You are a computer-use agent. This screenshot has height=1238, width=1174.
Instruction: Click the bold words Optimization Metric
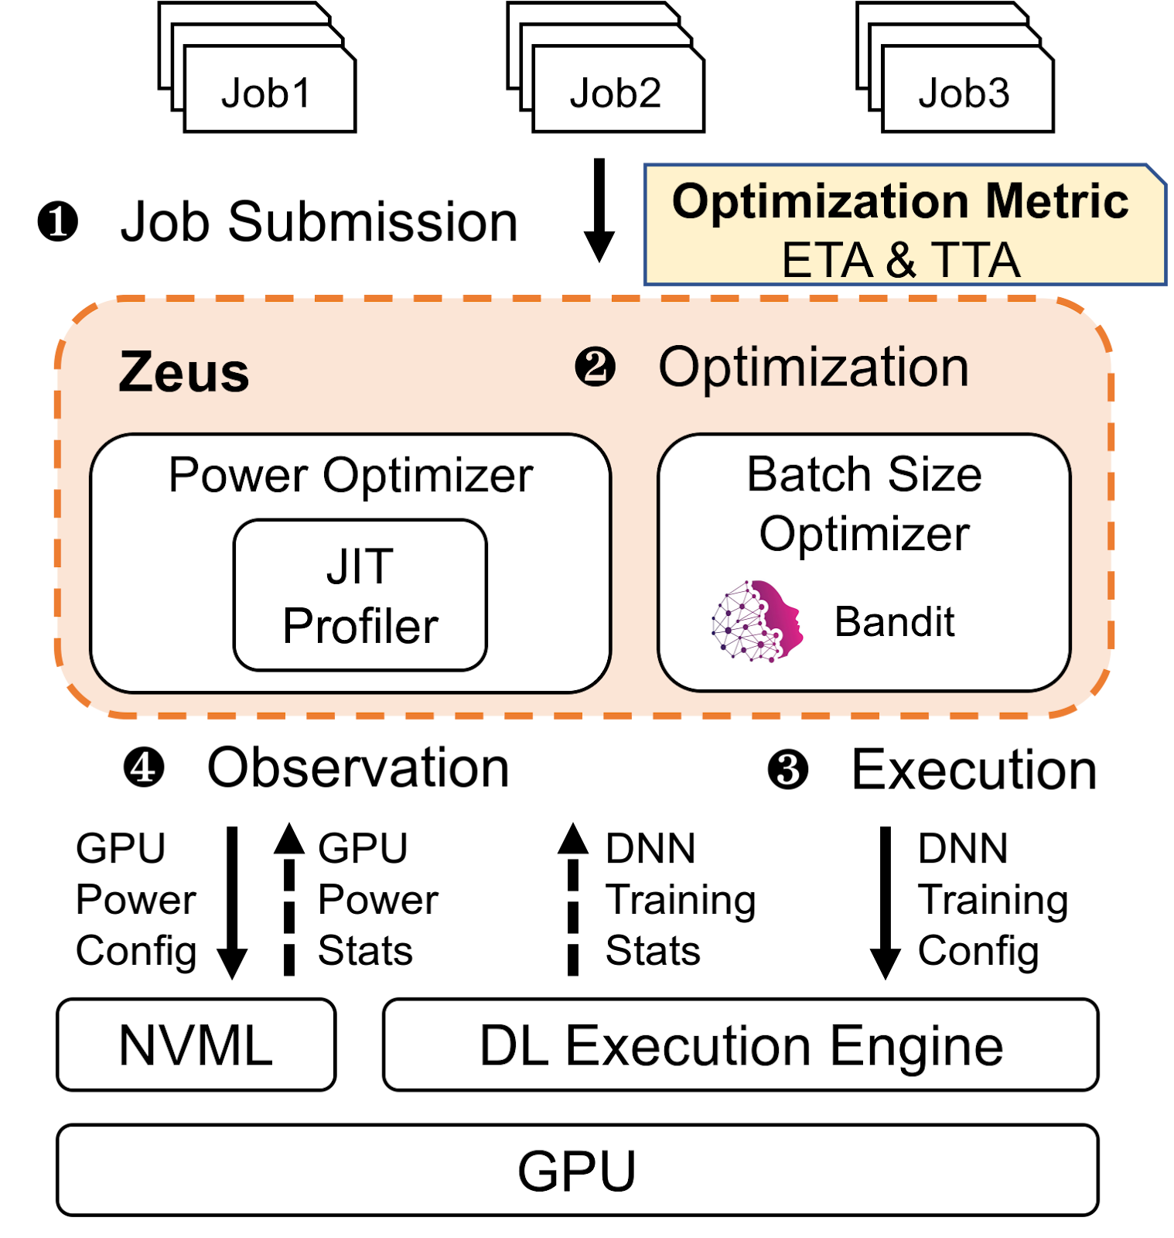click(x=900, y=201)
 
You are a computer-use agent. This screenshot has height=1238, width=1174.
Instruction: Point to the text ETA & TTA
click(x=900, y=260)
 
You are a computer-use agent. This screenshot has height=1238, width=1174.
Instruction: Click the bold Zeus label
click(x=184, y=373)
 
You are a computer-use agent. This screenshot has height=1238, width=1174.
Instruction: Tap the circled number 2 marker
click(x=595, y=368)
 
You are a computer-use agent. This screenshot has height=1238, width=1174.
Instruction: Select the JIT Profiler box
click(x=360, y=595)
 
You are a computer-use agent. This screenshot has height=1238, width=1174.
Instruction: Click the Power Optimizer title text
click(x=350, y=474)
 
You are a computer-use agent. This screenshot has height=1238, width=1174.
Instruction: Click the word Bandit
click(x=894, y=621)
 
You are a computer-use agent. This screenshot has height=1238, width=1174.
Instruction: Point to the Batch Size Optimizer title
click(x=864, y=504)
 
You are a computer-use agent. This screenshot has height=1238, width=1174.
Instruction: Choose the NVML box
click(x=196, y=1045)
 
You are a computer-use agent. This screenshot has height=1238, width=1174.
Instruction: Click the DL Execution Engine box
click(x=740, y=1045)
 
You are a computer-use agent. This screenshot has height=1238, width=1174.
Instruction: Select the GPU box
click(x=577, y=1170)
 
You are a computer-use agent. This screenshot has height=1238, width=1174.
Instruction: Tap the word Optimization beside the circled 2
click(x=813, y=368)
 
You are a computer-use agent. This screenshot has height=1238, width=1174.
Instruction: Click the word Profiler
click(x=360, y=625)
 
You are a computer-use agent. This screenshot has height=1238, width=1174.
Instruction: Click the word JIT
click(x=360, y=566)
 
